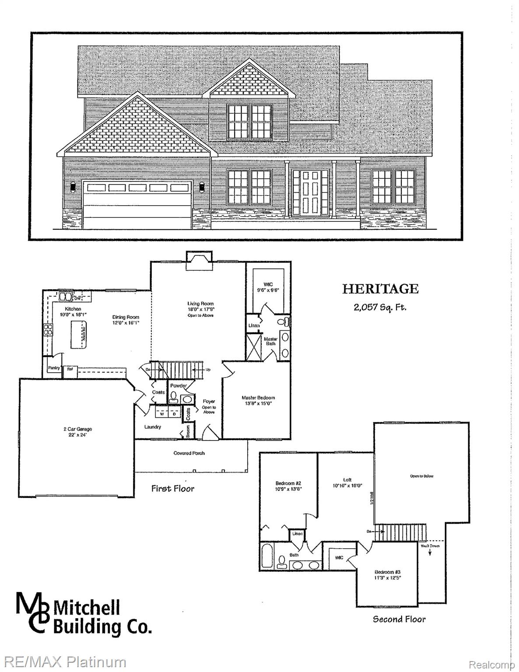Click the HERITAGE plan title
(380, 289)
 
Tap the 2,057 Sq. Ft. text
(380, 307)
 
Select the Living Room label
(200, 304)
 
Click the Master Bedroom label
(258, 398)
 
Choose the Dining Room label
(126, 317)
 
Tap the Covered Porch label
(189, 453)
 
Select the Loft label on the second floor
(347, 480)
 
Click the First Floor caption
(173, 488)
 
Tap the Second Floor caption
(399, 619)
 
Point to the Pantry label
(54, 368)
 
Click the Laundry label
(153, 427)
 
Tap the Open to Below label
(421, 476)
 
